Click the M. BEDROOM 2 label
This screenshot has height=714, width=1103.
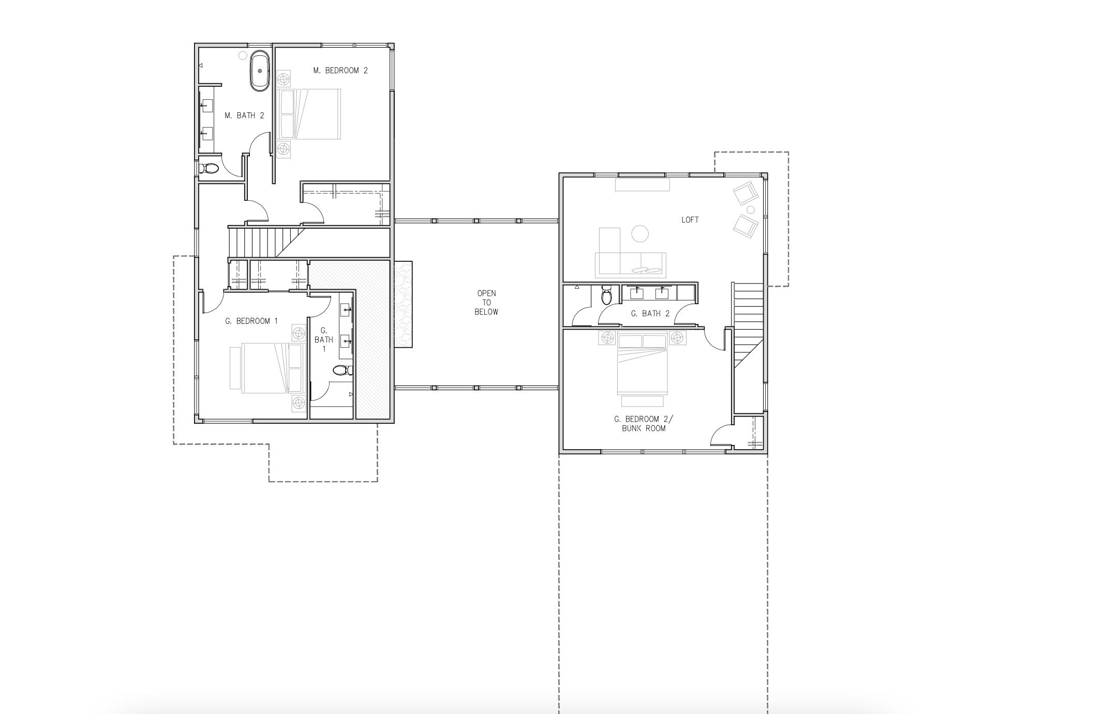click(340, 70)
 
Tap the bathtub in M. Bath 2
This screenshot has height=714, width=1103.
click(260, 71)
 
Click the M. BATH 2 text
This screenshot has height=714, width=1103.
click(244, 115)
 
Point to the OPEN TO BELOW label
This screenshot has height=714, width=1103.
click(486, 303)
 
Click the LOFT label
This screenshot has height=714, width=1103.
click(690, 220)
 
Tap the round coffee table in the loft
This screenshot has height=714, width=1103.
click(640, 234)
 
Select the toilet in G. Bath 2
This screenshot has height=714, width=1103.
click(607, 296)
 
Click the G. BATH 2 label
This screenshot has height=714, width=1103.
click(650, 314)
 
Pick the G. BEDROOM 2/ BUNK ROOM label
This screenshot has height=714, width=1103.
click(644, 424)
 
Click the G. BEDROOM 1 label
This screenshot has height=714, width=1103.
click(251, 321)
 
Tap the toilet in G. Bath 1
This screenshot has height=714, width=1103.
click(342, 370)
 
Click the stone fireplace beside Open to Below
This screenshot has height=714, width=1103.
click(403, 304)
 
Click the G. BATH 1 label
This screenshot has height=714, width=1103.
click(324, 339)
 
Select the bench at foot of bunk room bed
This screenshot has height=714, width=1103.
click(642, 401)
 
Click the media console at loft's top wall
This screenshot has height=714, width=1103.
click(642, 185)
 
